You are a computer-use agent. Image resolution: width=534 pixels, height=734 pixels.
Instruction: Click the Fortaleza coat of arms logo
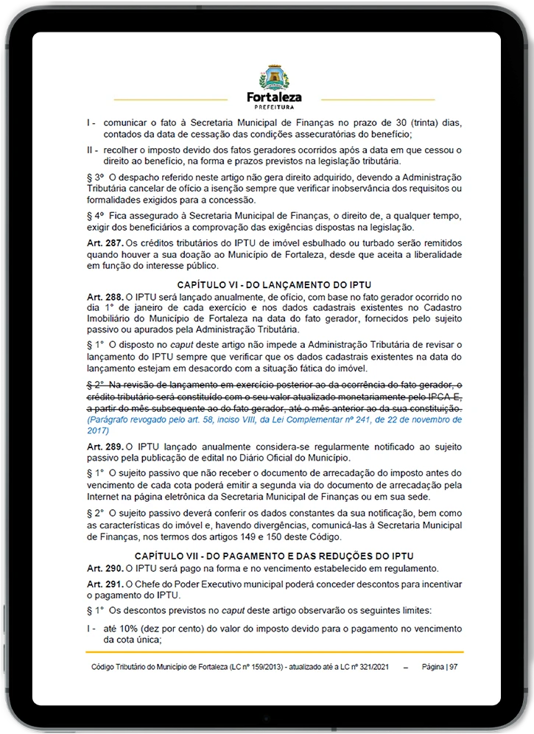(274, 77)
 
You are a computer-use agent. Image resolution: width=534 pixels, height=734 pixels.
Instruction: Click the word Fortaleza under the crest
(274, 97)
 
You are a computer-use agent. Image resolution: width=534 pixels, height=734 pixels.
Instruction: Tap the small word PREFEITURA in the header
(274, 107)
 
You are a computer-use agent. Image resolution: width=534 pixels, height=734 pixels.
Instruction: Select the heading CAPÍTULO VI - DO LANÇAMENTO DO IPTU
(274, 284)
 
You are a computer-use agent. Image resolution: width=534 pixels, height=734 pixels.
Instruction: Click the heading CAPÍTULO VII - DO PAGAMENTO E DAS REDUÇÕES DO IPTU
(274, 556)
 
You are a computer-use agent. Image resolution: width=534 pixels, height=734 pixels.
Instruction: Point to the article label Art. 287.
(105, 242)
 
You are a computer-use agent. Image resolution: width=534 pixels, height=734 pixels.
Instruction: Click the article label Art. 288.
(105, 296)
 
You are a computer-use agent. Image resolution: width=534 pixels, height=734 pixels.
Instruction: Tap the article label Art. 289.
(105, 447)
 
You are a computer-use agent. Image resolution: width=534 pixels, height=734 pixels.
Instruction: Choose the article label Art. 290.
(105, 567)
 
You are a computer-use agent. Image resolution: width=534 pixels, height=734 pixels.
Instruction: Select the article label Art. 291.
(105, 584)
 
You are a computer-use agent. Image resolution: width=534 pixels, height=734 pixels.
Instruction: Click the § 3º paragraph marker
(96, 178)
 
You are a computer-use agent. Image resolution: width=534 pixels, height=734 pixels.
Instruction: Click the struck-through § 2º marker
(96, 385)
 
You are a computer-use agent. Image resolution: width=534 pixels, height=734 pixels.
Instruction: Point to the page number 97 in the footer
(454, 666)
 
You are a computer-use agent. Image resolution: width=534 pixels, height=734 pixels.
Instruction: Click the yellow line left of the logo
(171, 99)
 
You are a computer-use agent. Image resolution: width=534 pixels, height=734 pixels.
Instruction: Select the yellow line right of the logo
(378, 99)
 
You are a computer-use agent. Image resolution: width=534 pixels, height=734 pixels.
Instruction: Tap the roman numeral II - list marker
(92, 150)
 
